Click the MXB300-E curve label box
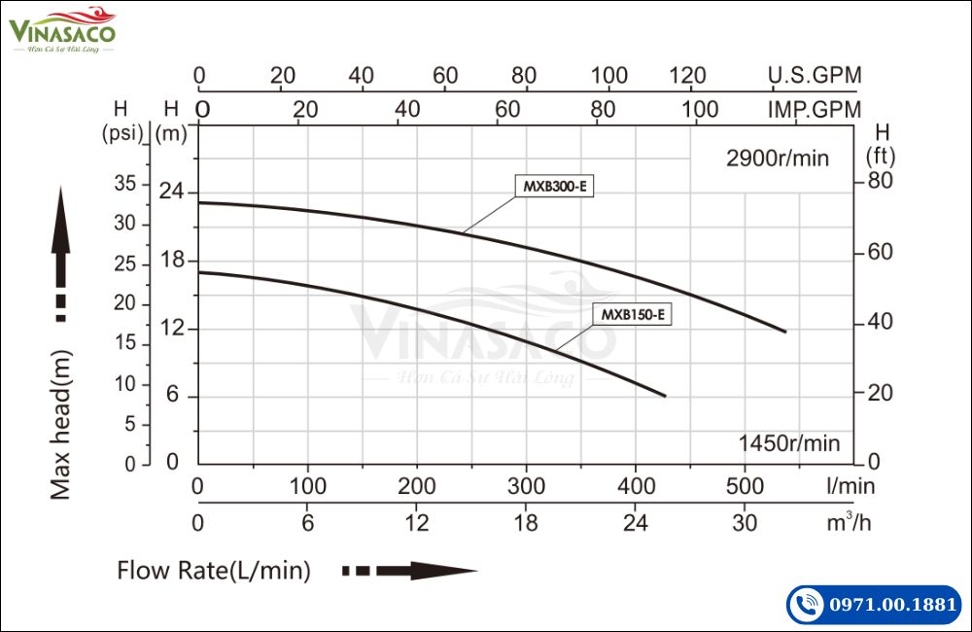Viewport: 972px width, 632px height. pos(553,187)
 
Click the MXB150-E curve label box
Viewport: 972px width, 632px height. pos(633,314)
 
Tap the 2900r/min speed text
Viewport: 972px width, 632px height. pos(778,158)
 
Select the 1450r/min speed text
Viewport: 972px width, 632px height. pos(788,443)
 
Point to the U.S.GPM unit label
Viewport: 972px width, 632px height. pos(815,75)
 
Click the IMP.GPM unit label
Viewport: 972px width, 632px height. pos(815,110)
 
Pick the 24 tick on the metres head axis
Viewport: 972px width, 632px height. pos(172,192)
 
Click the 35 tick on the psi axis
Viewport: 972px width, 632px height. pos(124,182)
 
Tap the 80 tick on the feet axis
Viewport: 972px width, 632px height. pos(880,181)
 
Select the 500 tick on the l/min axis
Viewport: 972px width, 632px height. pos(746,485)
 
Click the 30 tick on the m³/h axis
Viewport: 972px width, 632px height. pos(746,522)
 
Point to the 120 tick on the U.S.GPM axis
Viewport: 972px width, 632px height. pos(688,75)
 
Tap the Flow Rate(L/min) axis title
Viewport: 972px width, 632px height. pos(214,571)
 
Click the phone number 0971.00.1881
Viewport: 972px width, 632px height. pos(892,605)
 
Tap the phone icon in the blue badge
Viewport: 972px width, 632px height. pos(806,605)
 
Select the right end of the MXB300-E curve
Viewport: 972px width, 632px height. pos(784,332)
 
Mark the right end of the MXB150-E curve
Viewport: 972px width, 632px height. pos(665,396)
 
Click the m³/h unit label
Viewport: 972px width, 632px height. pos(850,522)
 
